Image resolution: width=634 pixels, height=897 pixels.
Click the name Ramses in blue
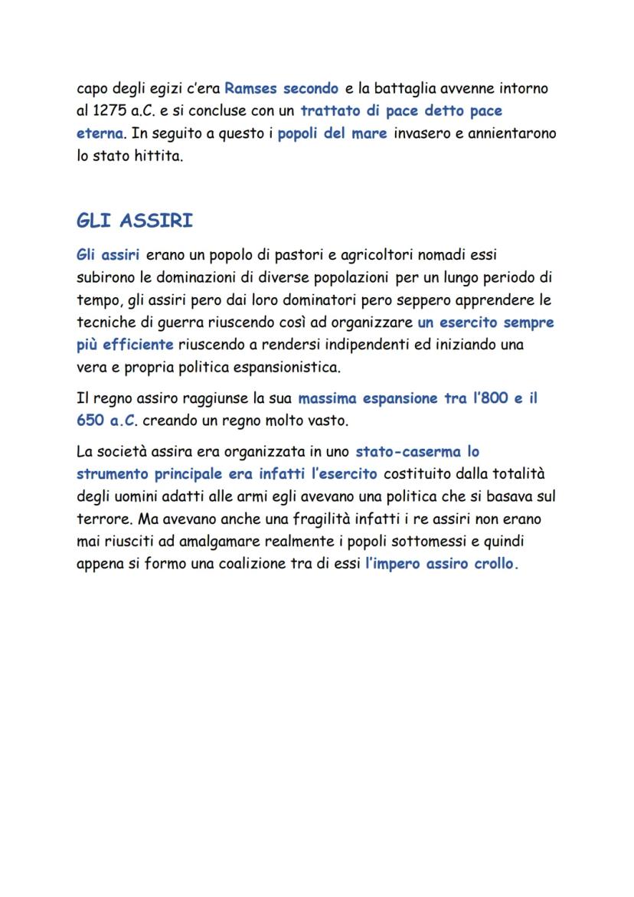(x=250, y=89)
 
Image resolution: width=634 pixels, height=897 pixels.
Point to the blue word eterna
(x=100, y=133)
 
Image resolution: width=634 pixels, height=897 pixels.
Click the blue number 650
(x=91, y=421)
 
